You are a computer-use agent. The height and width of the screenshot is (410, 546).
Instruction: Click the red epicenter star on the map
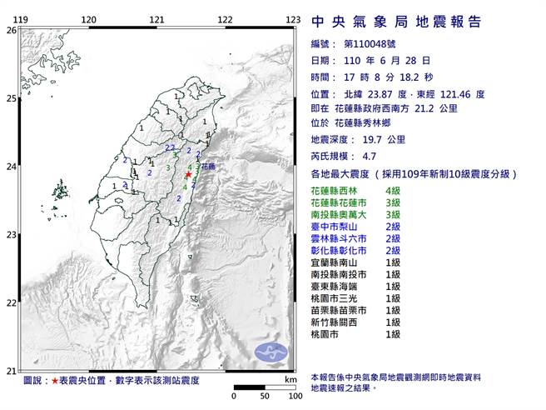coord(188,175)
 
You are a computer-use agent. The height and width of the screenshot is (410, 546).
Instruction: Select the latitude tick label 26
coord(10,30)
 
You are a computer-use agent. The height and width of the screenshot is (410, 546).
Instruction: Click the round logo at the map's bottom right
coord(270,351)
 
